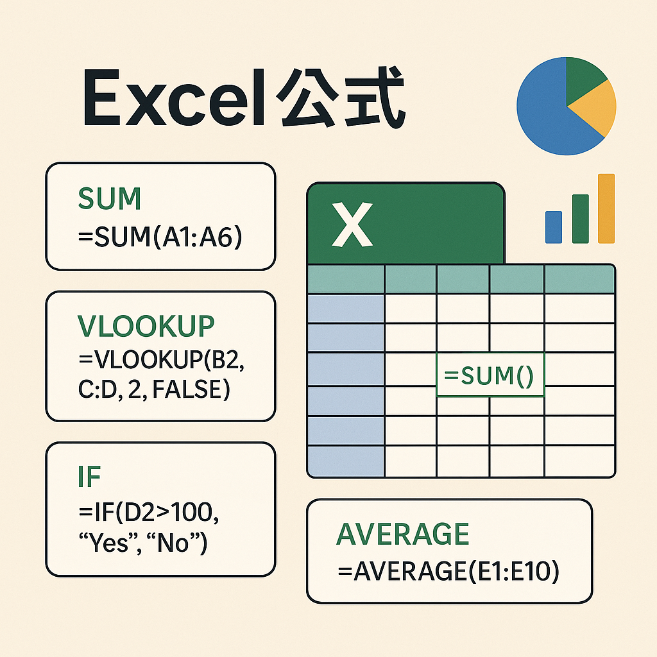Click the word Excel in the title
(x=174, y=98)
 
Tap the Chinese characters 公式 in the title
(x=341, y=98)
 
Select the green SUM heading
(x=109, y=198)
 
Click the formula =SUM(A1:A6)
(x=160, y=237)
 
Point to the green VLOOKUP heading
(x=146, y=326)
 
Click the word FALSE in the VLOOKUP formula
(x=187, y=389)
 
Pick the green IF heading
(x=89, y=477)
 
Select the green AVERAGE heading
(x=403, y=534)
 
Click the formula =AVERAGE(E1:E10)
(x=448, y=571)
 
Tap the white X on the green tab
(x=352, y=225)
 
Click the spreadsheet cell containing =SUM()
(x=490, y=375)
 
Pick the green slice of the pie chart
(x=583, y=78)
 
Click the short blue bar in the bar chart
(x=554, y=227)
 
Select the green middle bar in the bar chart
(x=580, y=219)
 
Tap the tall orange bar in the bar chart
(x=606, y=209)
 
